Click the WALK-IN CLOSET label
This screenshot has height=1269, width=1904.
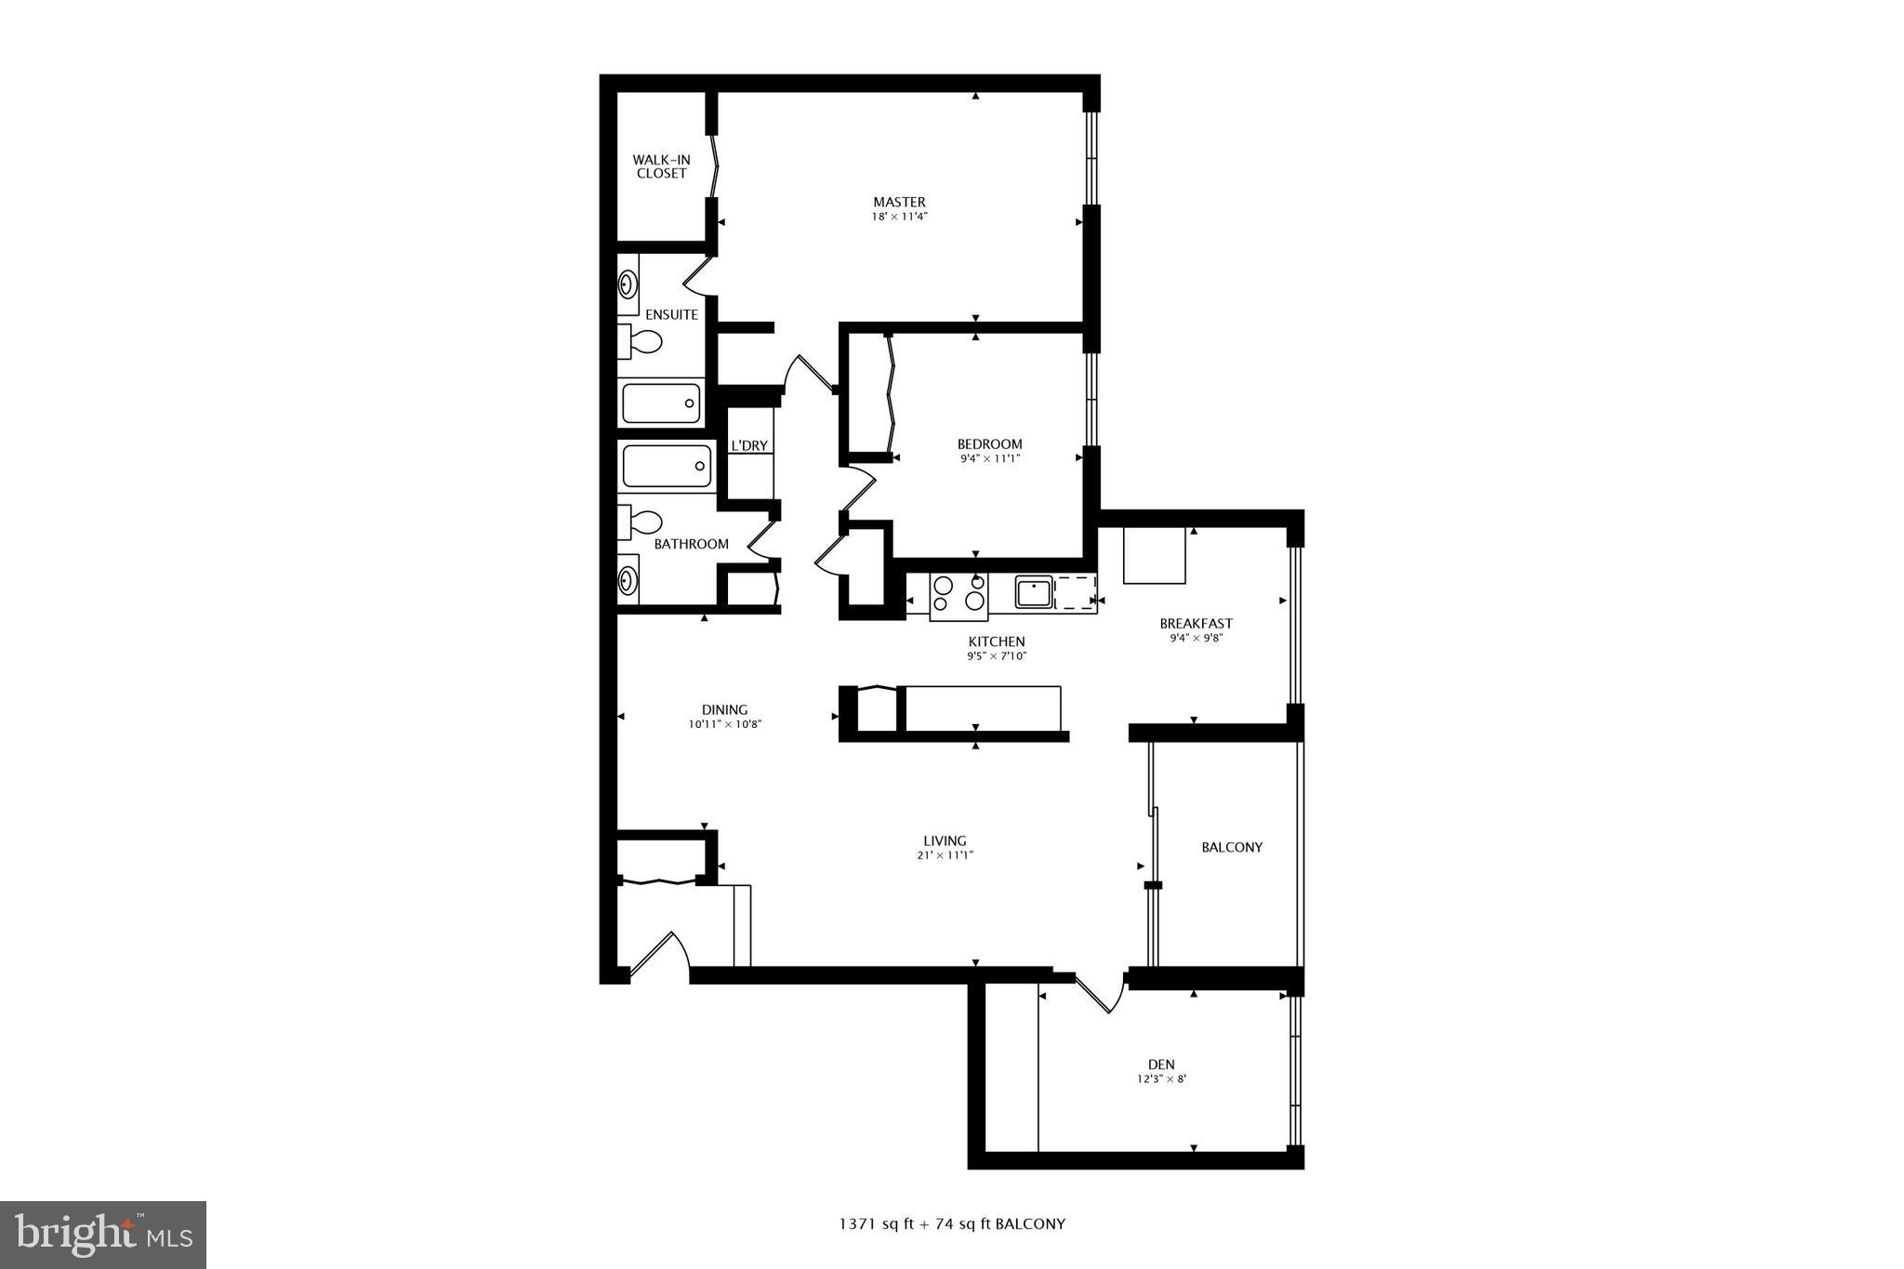661,166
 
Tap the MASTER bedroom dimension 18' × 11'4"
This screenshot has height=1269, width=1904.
899,217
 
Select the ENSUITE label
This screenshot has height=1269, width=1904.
671,314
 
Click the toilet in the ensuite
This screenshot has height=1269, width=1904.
641,342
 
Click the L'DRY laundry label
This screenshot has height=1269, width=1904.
749,445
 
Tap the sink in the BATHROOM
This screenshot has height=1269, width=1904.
628,581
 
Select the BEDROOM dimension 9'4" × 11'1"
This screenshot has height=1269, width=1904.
990,458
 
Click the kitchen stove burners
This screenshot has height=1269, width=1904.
959,593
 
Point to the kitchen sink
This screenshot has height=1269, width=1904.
1033,592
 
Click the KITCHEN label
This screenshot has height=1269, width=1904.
997,641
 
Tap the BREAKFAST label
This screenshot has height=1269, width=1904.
1196,623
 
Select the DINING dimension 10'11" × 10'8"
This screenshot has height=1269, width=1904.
724,724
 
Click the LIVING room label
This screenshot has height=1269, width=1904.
945,840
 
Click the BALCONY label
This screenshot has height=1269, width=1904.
1232,847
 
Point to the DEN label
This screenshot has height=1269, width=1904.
1161,1064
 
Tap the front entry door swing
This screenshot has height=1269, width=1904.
660,953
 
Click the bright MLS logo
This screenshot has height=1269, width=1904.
103,1235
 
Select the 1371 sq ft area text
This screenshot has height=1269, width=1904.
879,1223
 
